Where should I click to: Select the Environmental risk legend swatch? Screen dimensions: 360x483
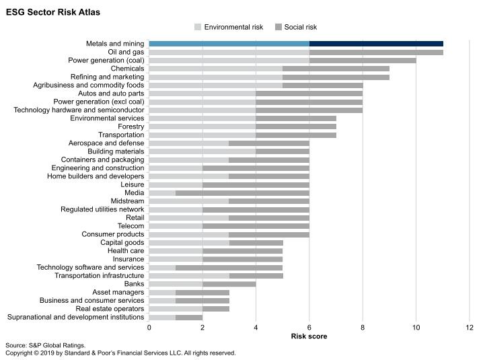click(x=198, y=27)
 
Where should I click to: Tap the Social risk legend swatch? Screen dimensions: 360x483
click(x=278, y=27)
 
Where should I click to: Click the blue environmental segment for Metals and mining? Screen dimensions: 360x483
click(x=229, y=44)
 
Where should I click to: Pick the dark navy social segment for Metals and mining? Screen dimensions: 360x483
click(x=376, y=44)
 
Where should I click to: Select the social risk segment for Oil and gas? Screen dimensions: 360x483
click(x=376, y=52)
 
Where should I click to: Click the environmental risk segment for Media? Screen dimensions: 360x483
click(x=162, y=192)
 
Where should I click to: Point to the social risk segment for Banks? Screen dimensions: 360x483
click(x=229, y=284)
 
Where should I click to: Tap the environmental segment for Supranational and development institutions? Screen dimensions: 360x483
click(x=162, y=317)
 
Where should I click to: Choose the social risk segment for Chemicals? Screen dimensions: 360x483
click(x=336, y=69)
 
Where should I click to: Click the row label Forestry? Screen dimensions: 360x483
click(x=131, y=127)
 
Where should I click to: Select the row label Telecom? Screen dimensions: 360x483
click(x=131, y=226)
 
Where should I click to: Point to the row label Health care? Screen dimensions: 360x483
click(x=126, y=251)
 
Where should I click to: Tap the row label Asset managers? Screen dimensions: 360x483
click(x=118, y=292)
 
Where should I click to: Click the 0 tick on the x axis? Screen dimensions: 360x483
click(x=149, y=327)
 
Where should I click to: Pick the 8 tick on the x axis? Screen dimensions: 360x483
click(x=363, y=327)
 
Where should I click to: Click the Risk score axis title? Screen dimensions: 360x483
click(x=309, y=336)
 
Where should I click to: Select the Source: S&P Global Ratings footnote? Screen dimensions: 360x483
click(x=45, y=345)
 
